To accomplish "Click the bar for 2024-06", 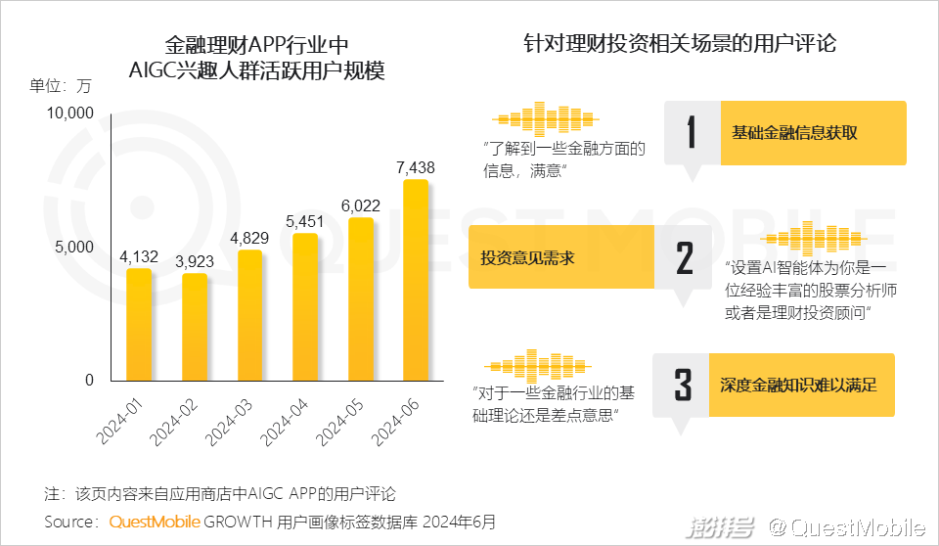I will [416, 280].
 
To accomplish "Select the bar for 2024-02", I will [195, 327].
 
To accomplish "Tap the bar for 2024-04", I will [305, 306].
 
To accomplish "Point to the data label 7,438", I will [416, 168].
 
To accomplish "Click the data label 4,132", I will [139, 257].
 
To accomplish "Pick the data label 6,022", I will [360, 205].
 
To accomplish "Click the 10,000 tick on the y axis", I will [68, 114].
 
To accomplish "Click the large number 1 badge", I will [692, 132].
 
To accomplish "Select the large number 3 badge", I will [684, 385].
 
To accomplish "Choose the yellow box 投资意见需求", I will [560, 258].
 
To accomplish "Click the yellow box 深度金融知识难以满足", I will [802, 385].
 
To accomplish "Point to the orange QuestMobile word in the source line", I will [155, 522].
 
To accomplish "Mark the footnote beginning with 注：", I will [220, 492].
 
